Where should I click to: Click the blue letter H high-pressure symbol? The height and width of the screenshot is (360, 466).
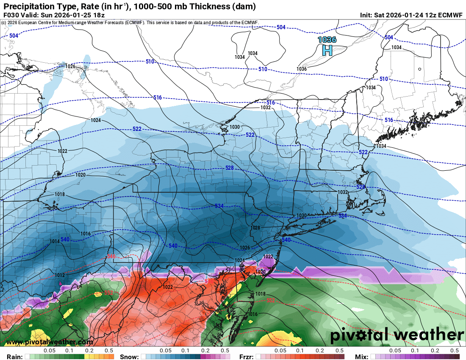327,51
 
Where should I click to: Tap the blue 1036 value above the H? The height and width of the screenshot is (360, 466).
327,40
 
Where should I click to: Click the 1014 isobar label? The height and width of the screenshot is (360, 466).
55,241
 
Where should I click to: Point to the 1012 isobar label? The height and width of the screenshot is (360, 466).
60,275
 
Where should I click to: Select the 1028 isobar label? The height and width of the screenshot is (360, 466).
255,228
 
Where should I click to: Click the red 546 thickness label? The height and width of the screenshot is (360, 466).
111,256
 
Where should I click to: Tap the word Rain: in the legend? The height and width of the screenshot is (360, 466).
11,357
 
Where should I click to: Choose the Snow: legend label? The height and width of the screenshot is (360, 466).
129,357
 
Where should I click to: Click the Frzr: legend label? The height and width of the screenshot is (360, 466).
247,357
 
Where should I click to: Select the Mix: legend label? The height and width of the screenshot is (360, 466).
362,357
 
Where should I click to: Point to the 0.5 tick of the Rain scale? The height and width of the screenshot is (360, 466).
109,351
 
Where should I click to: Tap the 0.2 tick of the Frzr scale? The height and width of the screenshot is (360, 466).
319,351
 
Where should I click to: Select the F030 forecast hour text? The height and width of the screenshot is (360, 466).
11,15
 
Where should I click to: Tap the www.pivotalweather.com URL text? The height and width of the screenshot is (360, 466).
50,342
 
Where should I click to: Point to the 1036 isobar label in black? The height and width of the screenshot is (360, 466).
302,69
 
